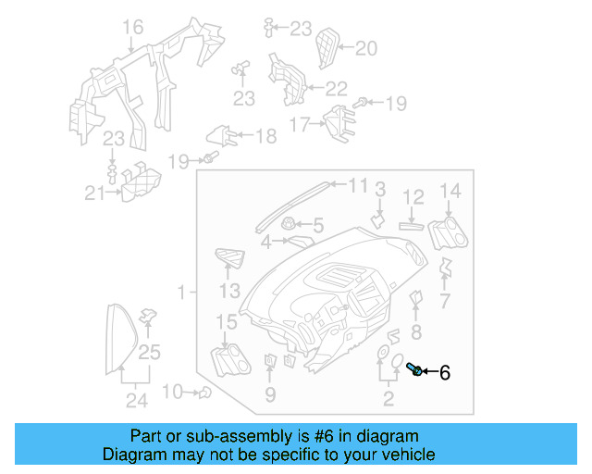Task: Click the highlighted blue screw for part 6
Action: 414,371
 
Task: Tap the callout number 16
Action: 133,26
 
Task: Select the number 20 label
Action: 366,48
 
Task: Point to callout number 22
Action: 335,89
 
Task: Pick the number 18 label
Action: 265,137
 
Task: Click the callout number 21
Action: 93,193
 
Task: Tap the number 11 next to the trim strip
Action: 357,185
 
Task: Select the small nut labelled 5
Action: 288,223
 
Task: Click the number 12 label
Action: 413,196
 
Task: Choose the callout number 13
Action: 229,292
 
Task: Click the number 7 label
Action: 444,302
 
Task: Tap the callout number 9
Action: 269,396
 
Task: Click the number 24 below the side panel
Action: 137,401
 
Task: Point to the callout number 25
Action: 150,351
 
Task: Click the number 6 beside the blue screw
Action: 444,373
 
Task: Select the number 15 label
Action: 227,322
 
